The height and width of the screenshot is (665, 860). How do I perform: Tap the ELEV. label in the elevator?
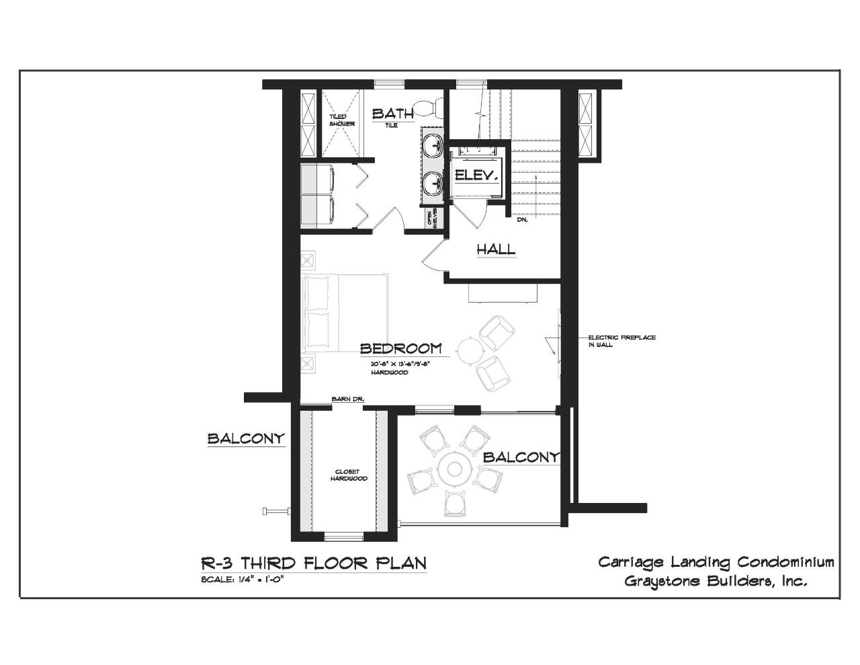click(x=476, y=176)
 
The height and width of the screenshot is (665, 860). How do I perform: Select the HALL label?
click(x=496, y=249)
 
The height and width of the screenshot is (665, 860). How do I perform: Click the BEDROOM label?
click(x=400, y=348)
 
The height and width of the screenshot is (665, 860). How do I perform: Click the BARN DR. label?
click(x=347, y=399)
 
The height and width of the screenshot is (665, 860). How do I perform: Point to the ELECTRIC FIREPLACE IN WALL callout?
click(x=621, y=341)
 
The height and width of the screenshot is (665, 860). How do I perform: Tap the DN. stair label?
click(x=522, y=220)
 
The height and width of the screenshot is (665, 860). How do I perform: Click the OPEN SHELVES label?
click(x=434, y=218)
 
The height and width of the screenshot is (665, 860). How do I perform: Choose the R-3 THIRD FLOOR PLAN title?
click(x=314, y=562)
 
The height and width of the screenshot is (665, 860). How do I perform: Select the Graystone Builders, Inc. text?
click(x=716, y=581)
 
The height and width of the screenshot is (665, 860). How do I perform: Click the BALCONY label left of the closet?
click(x=246, y=439)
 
